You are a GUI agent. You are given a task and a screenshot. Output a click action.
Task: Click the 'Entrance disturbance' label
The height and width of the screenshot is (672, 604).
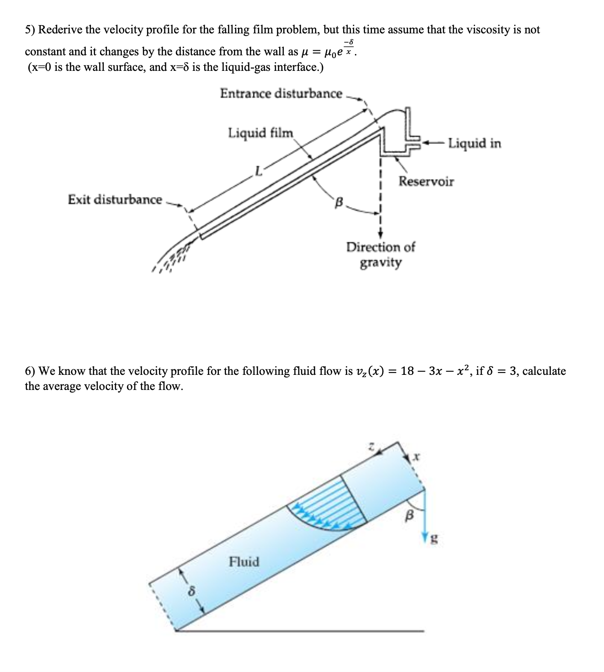click(281, 94)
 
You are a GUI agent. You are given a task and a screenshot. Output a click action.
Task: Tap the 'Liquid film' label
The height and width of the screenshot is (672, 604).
click(260, 133)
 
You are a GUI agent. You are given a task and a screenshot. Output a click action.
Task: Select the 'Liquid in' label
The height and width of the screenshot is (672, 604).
click(474, 144)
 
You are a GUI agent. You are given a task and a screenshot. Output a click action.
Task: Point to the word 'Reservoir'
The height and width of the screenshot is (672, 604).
click(426, 181)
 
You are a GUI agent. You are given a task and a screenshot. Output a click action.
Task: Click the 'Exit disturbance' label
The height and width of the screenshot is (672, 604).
click(115, 200)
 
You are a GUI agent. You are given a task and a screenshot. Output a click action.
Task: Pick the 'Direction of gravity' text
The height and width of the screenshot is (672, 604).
click(380, 255)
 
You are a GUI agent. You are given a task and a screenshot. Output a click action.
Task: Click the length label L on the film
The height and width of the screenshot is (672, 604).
click(259, 172)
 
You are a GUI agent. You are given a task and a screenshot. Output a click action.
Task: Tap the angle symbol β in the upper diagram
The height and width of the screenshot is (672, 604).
click(339, 202)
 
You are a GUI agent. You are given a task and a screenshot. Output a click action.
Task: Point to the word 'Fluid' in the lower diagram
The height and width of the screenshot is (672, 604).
click(244, 561)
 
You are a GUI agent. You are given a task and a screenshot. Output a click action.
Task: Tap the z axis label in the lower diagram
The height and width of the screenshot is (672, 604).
click(372, 446)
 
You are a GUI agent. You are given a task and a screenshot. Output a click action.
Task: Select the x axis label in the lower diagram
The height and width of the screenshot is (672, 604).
click(416, 457)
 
